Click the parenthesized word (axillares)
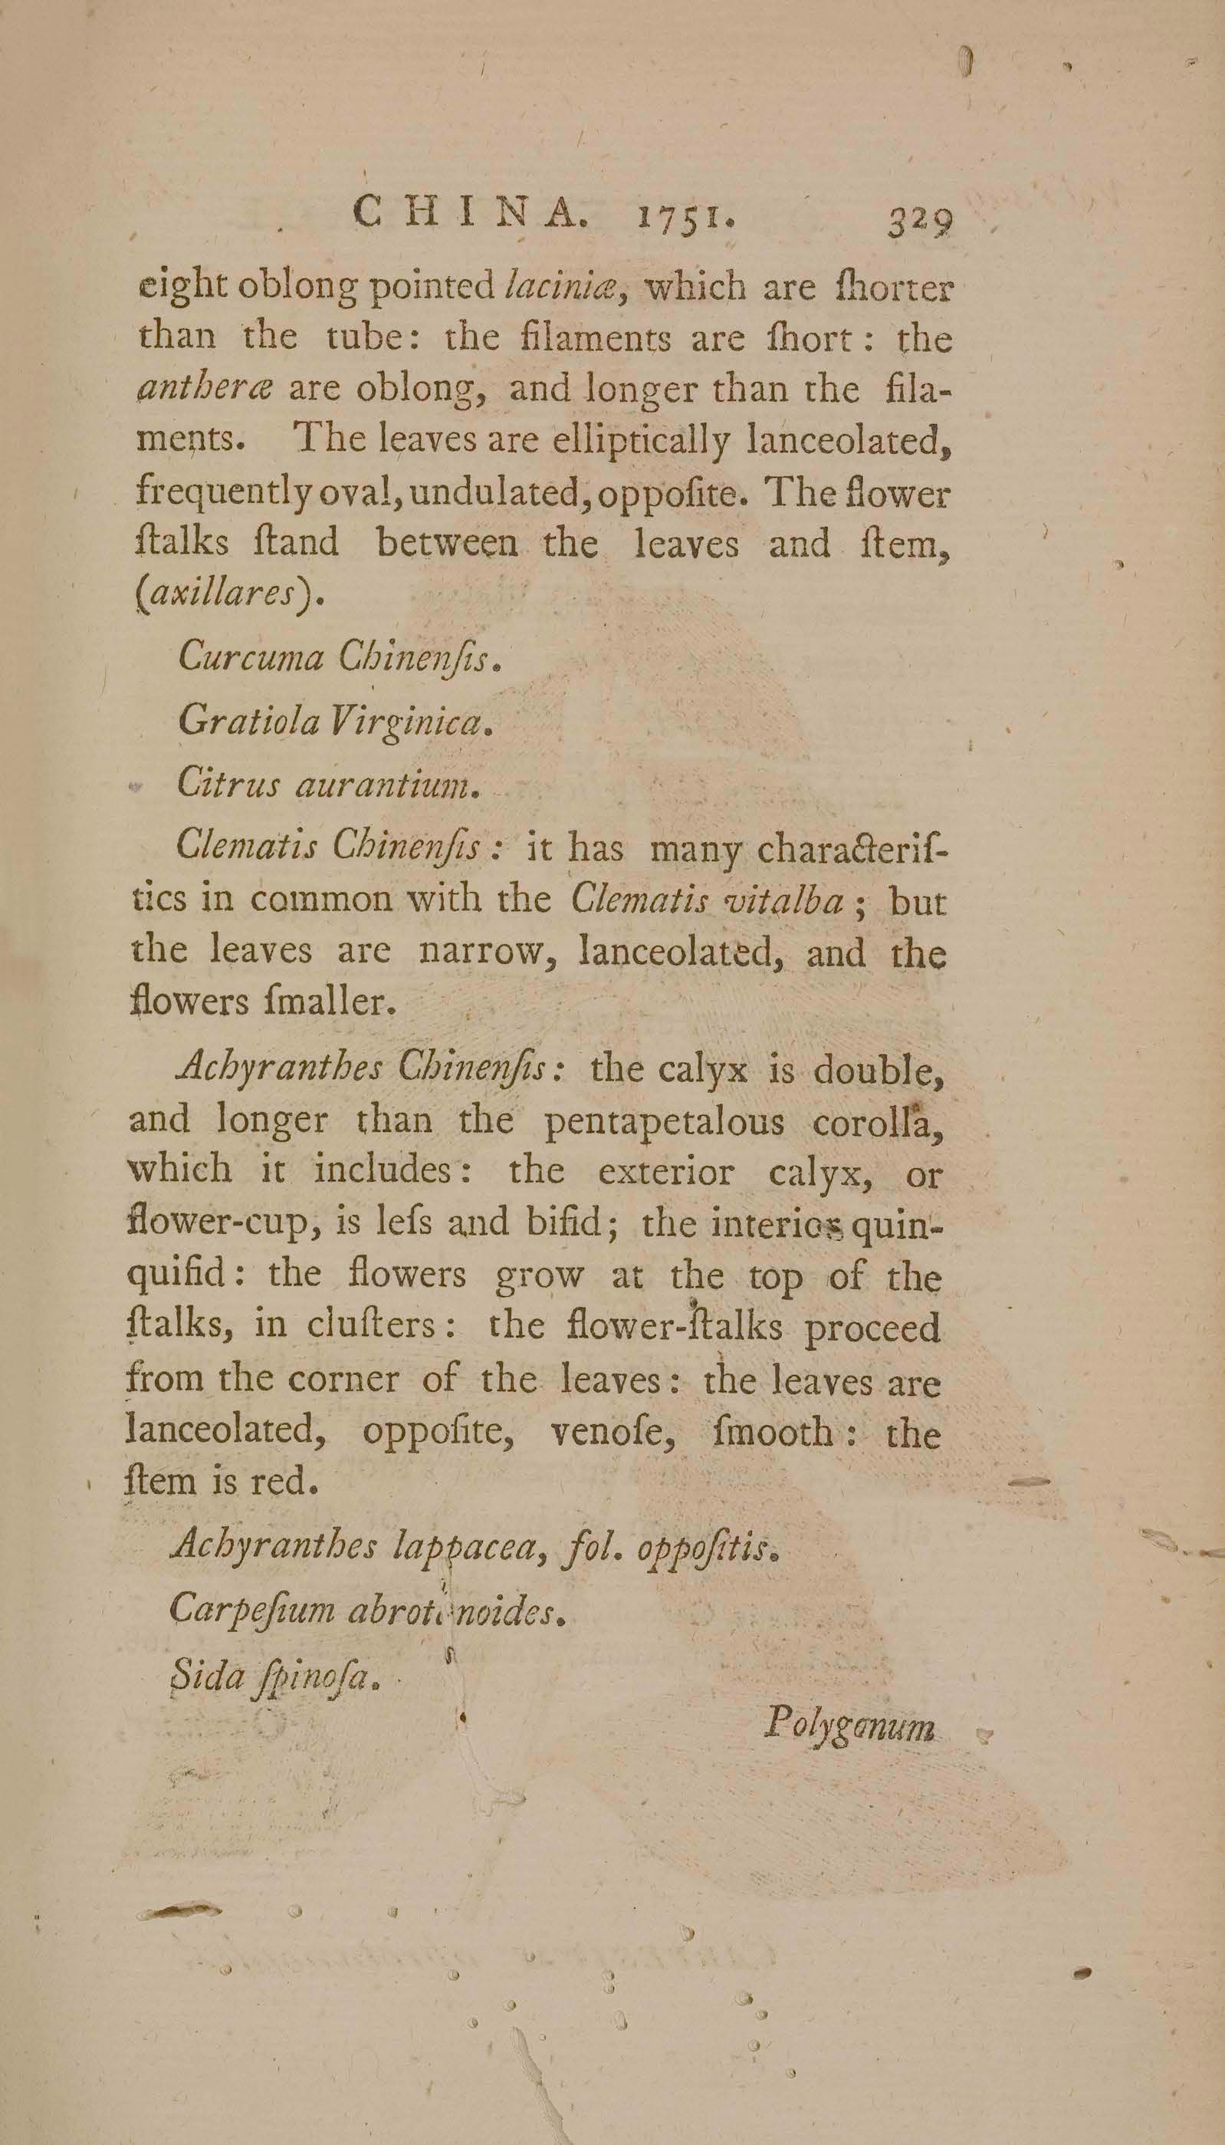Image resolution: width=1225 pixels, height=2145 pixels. click(x=229, y=594)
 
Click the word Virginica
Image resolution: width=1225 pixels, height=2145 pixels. click(x=412, y=721)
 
